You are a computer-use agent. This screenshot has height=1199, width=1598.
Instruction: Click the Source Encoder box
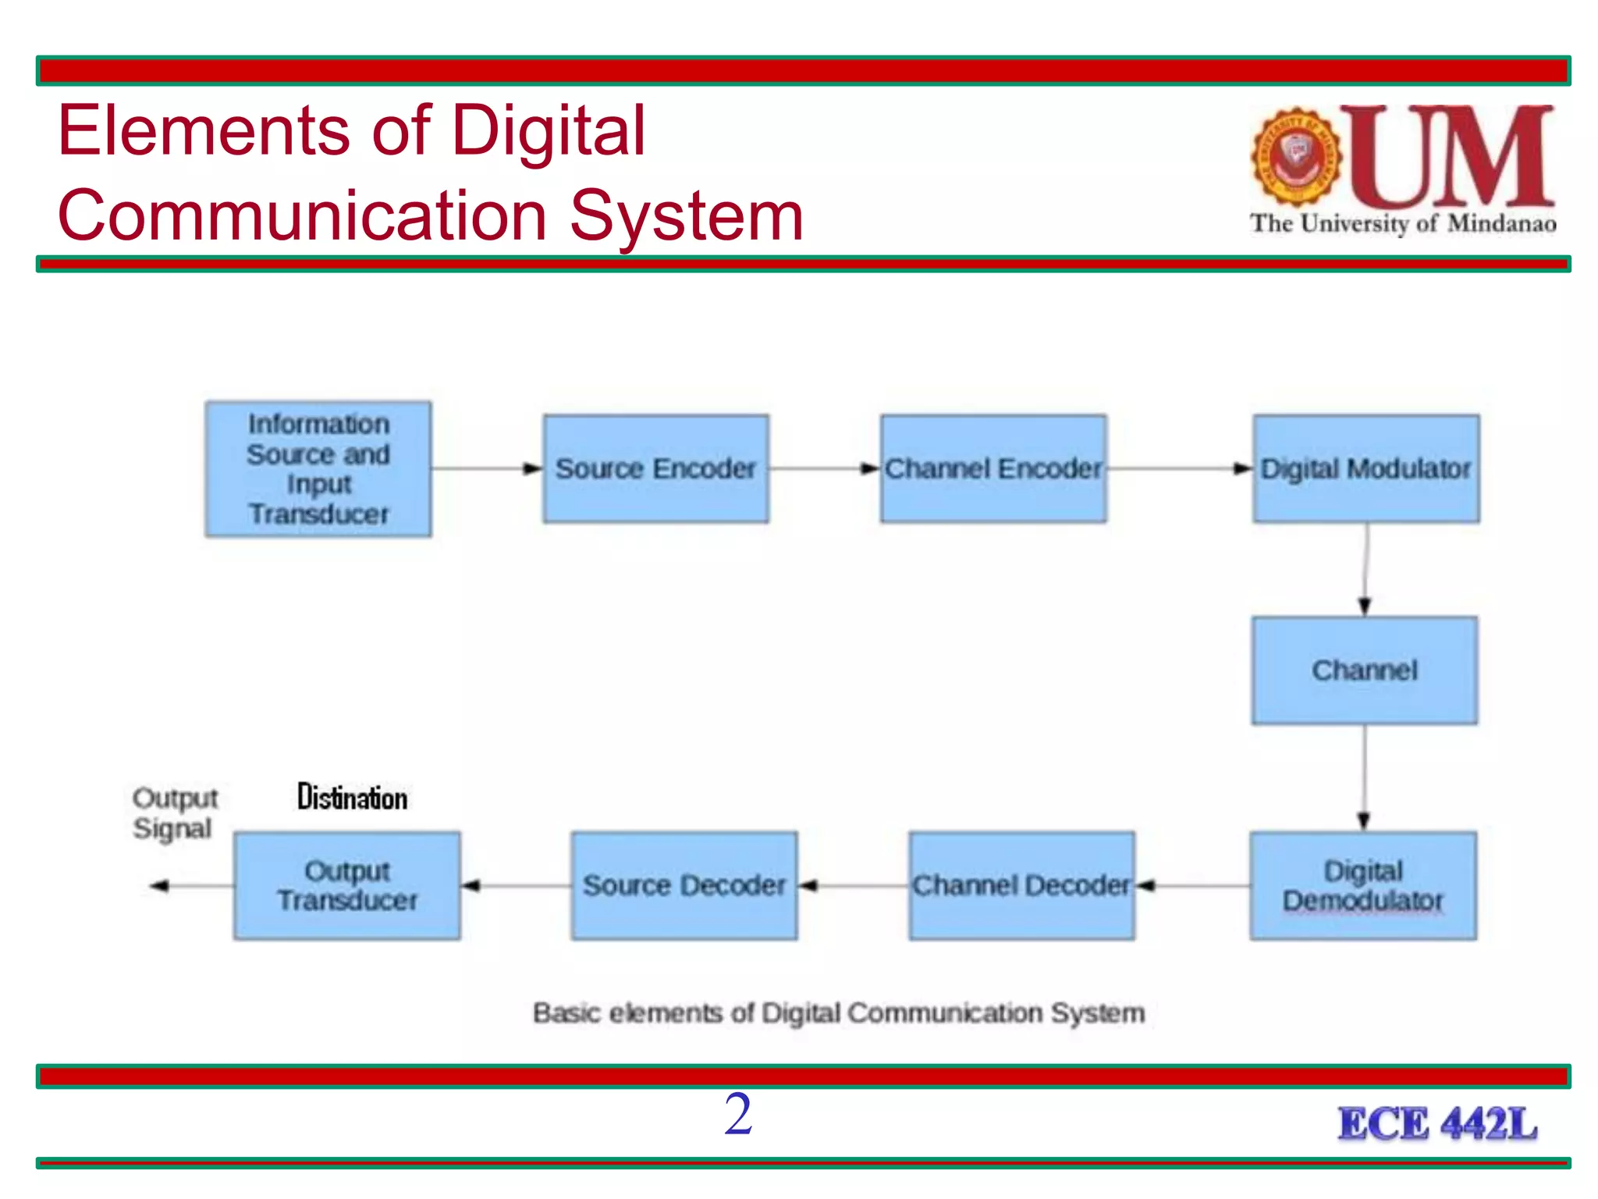pos(655,468)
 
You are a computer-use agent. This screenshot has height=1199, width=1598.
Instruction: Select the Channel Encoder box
pos(993,468)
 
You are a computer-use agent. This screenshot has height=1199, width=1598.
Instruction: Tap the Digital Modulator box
pos(1365,468)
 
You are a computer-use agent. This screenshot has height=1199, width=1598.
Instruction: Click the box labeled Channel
pos(1364,670)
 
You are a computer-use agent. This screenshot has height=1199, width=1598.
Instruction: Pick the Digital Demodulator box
pos(1362,885)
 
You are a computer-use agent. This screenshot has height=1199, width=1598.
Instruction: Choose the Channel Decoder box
pos(1021,885)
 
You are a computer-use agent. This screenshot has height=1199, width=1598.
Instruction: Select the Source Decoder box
pos(684,885)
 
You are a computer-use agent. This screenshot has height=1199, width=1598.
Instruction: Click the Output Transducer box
pos(346,885)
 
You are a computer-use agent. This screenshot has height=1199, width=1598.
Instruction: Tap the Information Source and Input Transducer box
pos(318,468)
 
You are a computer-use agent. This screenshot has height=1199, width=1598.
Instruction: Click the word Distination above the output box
pos(352,798)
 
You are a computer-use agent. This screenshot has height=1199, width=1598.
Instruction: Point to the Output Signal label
pos(174,813)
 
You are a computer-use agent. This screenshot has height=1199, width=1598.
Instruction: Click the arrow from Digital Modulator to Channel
pos(1365,570)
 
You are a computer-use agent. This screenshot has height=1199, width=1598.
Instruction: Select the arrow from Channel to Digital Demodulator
pos(1364,777)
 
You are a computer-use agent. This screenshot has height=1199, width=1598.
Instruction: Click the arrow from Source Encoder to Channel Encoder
pos(824,468)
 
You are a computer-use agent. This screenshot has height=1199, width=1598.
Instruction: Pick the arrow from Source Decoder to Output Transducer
pos(515,885)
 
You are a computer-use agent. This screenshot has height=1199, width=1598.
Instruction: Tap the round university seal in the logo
pos(1296,157)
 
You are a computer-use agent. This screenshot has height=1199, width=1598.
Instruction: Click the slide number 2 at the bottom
pos(737,1114)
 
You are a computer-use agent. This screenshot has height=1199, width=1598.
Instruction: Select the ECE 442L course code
pos(1437,1124)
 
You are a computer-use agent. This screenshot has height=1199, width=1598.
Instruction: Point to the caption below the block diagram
pos(839,1012)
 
